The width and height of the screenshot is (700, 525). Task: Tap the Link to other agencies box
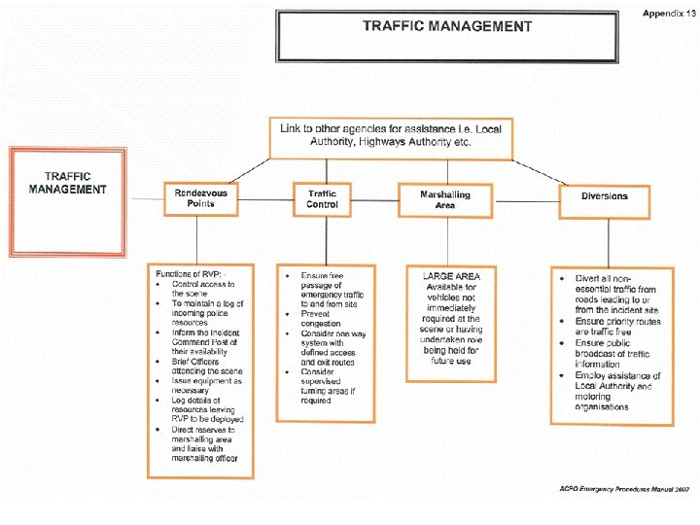click(x=392, y=135)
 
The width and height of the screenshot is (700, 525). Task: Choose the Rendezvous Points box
click(x=201, y=198)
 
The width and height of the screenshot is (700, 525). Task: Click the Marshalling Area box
click(x=445, y=200)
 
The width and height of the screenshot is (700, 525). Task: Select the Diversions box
click(x=605, y=196)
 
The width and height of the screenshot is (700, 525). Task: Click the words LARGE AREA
click(x=451, y=276)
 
